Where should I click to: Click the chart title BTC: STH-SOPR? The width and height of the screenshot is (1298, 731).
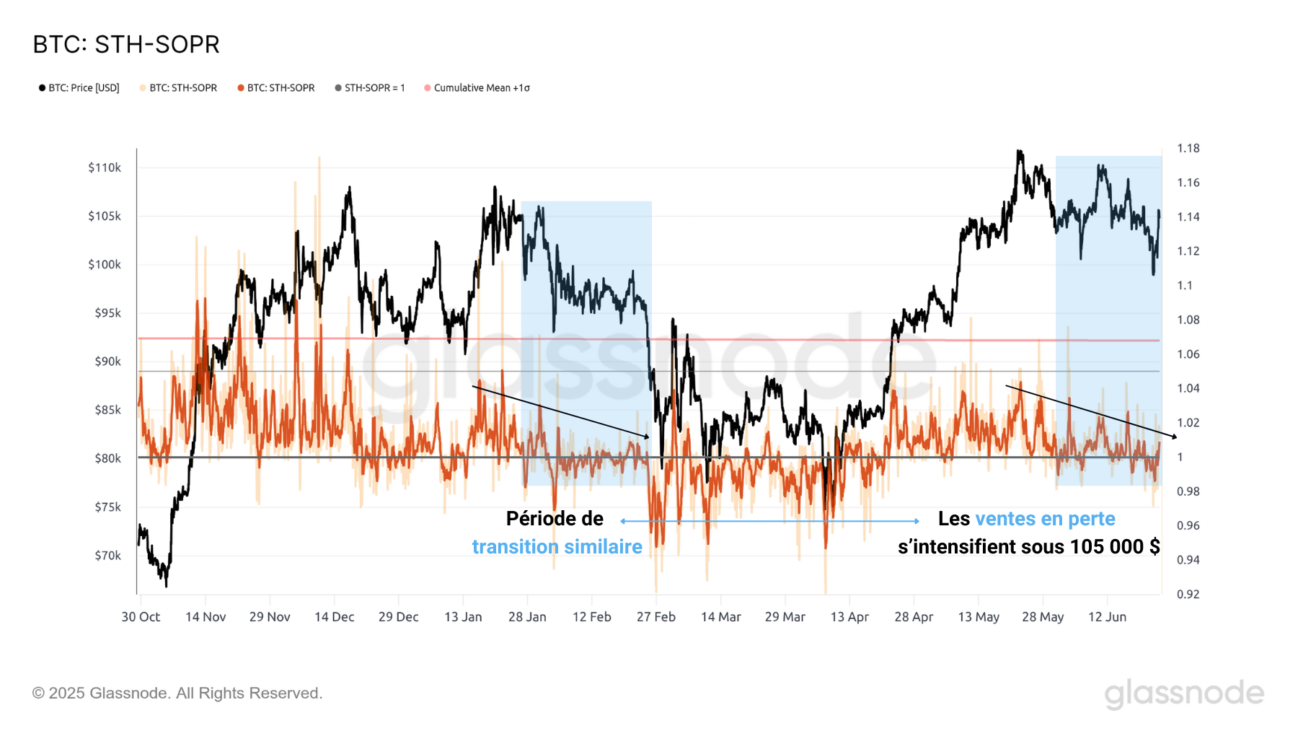point(126,45)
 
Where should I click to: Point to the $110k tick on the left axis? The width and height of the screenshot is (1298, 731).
point(105,168)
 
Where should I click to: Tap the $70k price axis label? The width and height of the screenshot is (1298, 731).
point(107,556)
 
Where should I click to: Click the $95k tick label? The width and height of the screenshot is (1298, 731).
point(107,313)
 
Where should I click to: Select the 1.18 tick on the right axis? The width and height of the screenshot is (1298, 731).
point(1188,149)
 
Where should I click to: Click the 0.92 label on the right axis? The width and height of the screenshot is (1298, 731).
point(1188,595)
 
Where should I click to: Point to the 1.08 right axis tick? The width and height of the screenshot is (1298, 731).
point(1188,320)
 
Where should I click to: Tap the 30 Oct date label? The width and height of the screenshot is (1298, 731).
point(141,617)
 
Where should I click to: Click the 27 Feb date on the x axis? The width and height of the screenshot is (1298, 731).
point(656,617)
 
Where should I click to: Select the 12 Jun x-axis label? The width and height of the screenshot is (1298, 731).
point(1107,617)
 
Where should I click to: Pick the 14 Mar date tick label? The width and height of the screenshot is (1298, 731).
point(720,617)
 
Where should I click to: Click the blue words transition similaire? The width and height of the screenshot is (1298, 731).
point(557,547)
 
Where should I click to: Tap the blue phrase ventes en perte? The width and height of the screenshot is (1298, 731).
point(1045,519)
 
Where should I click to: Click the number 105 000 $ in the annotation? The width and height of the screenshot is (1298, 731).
point(1115,547)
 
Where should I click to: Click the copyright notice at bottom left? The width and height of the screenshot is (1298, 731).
point(177,693)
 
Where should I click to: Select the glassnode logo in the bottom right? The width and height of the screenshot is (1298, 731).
point(1184,693)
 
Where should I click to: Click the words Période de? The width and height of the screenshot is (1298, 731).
point(555,519)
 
